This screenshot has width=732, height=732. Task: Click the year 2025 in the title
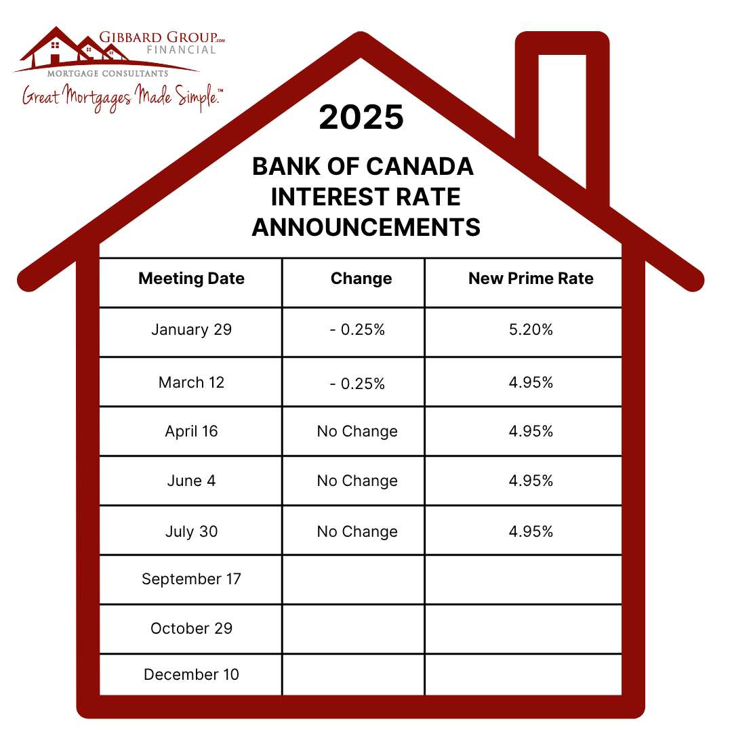click(361, 117)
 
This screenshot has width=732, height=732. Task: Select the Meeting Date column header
click(191, 279)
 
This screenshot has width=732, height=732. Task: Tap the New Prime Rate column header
click(531, 279)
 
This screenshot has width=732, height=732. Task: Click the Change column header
click(361, 279)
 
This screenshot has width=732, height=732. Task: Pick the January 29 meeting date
click(191, 330)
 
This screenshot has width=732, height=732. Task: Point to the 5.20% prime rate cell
click(531, 330)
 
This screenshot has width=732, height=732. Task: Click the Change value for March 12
click(357, 383)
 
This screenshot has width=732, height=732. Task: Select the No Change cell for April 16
click(357, 432)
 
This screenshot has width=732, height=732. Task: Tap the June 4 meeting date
click(191, 481)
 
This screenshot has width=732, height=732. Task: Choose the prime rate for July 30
click(531, 531)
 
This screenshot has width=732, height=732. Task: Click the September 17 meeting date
click(191, 579)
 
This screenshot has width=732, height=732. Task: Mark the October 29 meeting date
click(191, 629)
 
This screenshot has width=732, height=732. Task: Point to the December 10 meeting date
click(191, 675)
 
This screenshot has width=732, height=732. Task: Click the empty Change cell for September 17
click(353, 579)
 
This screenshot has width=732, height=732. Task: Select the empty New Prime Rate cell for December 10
click(523, 675)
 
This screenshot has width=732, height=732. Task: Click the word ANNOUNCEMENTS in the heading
click(366, 228)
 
